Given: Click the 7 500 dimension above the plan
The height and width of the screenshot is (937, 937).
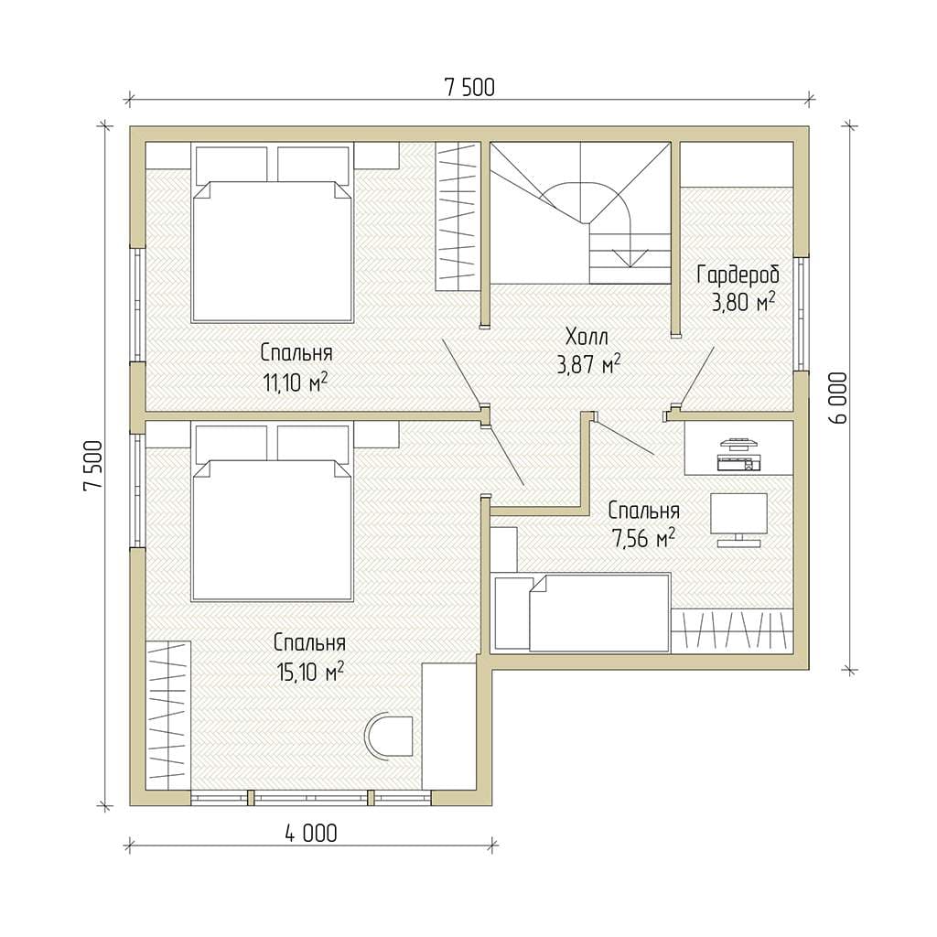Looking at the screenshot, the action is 469,88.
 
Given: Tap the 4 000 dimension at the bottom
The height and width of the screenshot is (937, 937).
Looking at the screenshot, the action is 311,834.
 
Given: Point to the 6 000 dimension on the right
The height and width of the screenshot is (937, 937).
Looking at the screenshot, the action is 838,399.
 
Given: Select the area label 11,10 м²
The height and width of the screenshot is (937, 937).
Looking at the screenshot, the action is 296,382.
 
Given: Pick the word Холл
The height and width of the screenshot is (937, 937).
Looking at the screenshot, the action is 587,337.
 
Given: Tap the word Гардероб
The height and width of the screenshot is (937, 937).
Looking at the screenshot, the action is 738,275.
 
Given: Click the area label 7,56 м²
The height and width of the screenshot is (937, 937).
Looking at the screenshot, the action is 643,539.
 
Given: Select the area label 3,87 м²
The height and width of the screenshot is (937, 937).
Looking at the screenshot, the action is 588,364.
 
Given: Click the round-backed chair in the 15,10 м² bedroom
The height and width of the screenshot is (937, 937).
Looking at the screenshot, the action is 389,737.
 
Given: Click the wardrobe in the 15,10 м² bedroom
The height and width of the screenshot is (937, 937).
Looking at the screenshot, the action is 168,715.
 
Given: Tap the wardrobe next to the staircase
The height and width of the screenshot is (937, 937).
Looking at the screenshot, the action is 458,216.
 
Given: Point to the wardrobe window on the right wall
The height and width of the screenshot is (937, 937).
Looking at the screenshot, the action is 802,315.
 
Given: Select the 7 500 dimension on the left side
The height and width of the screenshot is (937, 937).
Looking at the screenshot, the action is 94,466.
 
